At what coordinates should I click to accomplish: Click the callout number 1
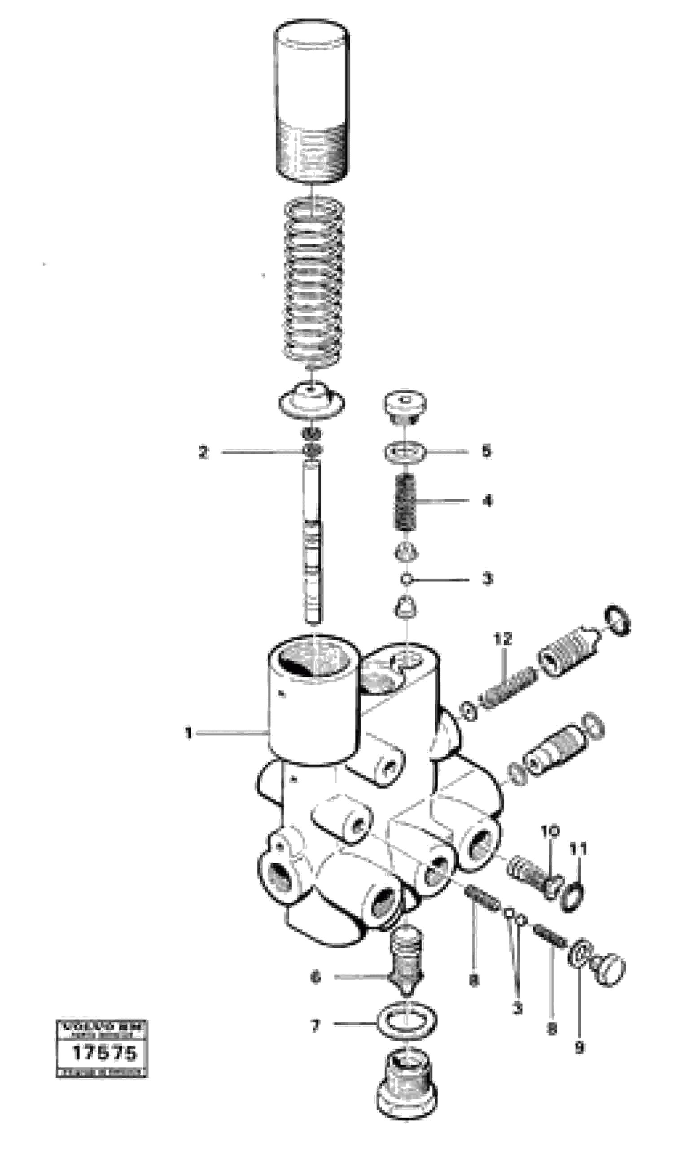tap(188, 733)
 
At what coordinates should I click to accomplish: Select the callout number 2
tap(203, 452)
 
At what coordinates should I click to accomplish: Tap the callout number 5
tap(486, 451)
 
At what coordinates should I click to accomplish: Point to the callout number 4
tap(487, 501)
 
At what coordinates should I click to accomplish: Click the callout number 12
tap(503, 639)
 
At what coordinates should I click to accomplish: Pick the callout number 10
tap(550, 831)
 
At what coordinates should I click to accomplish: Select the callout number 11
tap(578, 849)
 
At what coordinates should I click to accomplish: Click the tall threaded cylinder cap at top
tap(311, 101)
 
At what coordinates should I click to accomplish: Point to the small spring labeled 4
tap(405, 502)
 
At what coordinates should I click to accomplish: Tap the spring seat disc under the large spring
tap(311, 397)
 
